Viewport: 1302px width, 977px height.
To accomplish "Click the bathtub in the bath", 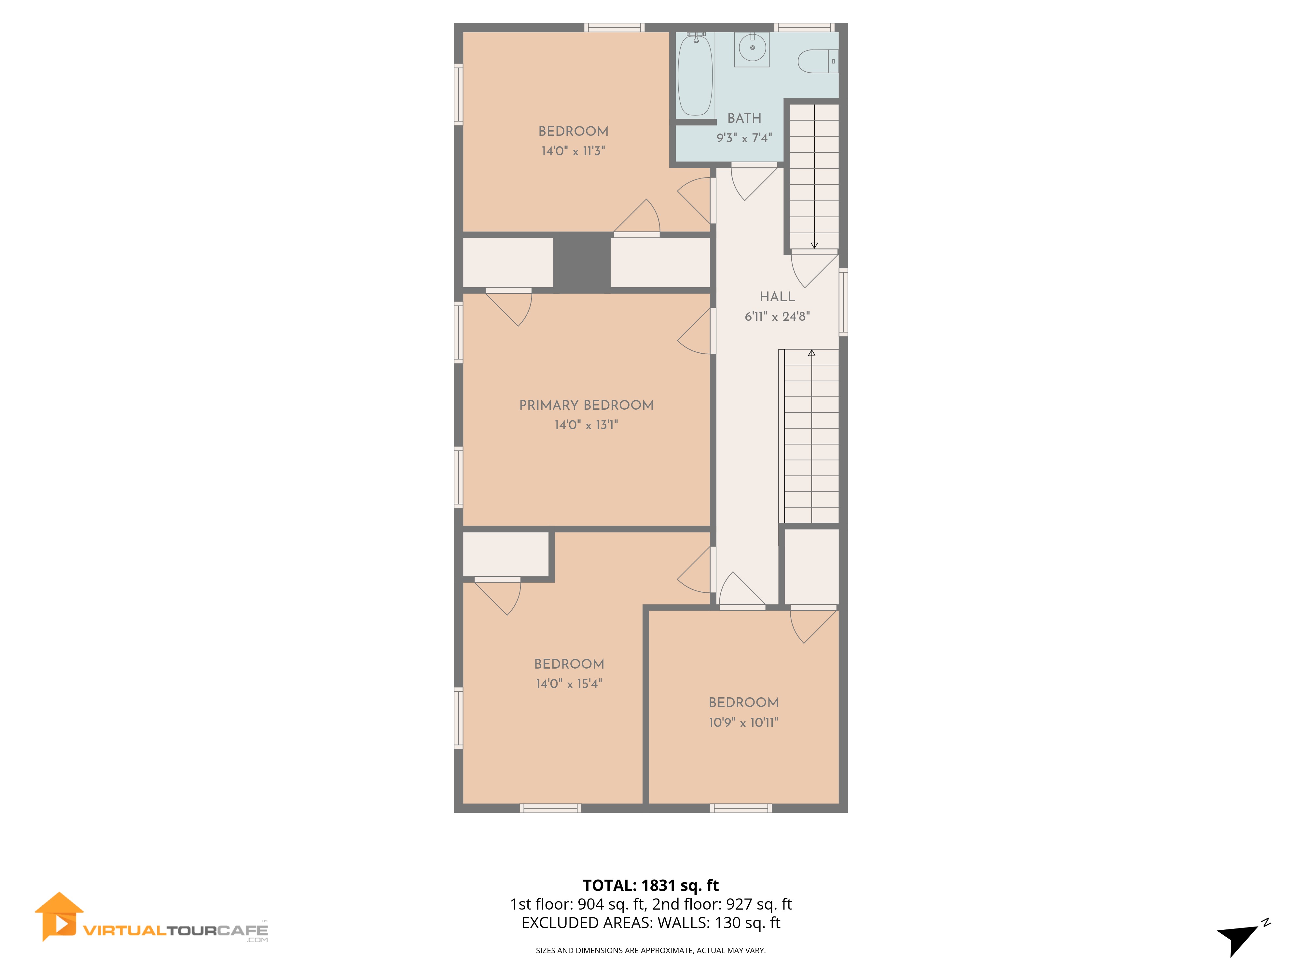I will point(695,75).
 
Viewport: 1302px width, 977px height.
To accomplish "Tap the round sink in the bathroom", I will point(752,48).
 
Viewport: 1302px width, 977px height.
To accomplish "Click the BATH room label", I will point(744,118).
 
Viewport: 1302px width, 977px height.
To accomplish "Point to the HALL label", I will point(777,297).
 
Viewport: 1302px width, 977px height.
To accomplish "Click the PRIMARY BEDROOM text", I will point(586,405).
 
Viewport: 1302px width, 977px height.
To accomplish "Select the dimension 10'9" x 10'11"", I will point(743,723).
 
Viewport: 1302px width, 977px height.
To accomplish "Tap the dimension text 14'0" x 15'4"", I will point(569,684).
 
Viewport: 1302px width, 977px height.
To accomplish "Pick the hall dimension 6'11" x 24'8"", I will point(777,317).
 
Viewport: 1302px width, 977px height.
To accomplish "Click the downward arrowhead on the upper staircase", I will point(814,245).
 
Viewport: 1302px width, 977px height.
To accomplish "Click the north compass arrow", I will point(1239,936).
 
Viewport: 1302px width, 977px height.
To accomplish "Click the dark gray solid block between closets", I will point(582,262).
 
